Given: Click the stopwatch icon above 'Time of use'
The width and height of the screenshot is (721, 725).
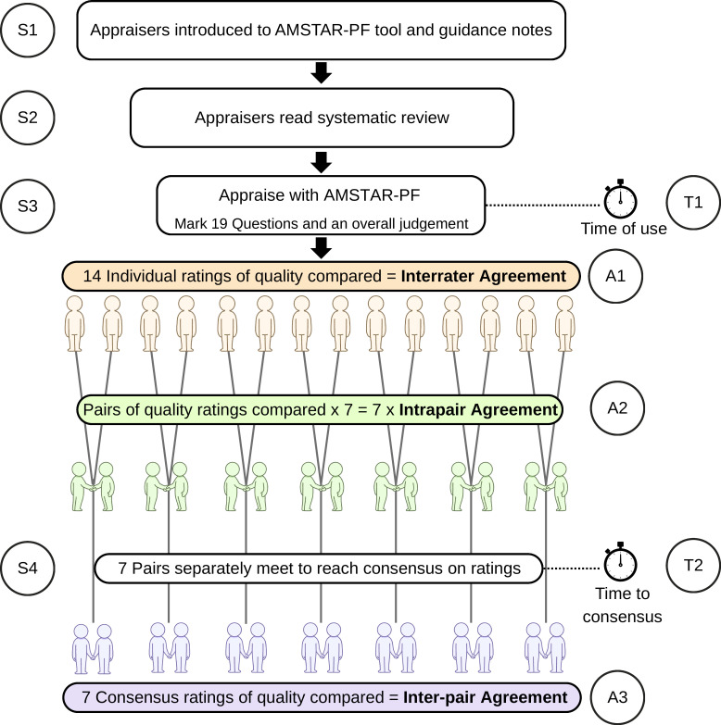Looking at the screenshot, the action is tap(620, 199).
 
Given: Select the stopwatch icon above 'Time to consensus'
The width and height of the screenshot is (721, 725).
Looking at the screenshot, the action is tap(620, 562).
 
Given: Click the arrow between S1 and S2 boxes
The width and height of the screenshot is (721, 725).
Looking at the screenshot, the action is tap(322, 72).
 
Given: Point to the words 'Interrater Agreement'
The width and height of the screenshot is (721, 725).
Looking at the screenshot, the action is tap(483, 276).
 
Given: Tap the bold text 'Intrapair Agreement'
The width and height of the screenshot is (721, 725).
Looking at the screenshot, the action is tap(478, 409).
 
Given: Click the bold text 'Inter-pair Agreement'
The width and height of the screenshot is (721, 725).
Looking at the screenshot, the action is tap(485, 697).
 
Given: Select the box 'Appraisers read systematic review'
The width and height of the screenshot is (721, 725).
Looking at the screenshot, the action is tap(322, 118).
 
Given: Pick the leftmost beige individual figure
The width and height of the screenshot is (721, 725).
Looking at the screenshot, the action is tap(74, 324).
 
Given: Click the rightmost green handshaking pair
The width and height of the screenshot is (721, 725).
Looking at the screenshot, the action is tap(546, 486).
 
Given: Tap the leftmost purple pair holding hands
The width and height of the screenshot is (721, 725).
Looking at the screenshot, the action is tap(93, 649).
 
